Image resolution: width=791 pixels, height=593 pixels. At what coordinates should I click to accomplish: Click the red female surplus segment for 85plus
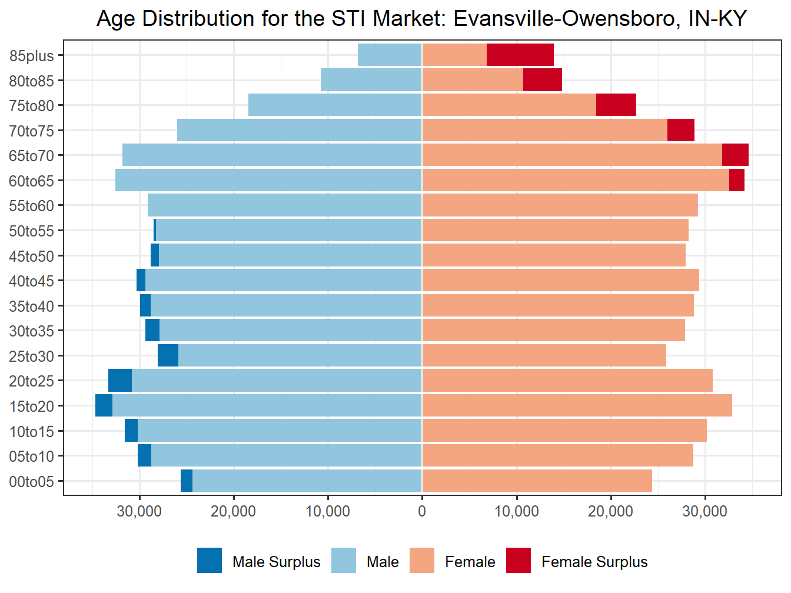(520, 55)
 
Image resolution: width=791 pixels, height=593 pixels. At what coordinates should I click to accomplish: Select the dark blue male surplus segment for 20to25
(120, 381)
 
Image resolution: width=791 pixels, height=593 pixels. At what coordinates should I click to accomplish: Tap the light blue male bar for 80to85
(371, 80)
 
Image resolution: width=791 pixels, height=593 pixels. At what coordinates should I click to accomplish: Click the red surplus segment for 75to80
(616, 105)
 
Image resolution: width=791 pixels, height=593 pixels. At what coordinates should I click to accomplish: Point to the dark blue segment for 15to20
(104, 406)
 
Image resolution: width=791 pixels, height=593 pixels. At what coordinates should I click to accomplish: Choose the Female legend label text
(470, 562)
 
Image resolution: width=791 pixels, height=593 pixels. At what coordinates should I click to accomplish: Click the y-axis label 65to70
(31, 156)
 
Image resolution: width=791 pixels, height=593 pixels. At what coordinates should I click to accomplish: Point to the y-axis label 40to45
(31, 281)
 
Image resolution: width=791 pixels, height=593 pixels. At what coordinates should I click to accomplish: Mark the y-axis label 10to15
(31, 432)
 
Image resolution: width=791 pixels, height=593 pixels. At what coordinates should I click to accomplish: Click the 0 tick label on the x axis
(422, 511)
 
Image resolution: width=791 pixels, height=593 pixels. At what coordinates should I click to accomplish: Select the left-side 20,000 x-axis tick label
(233, 511)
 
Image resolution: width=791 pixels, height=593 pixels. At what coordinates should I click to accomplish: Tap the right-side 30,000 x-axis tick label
(704, 511)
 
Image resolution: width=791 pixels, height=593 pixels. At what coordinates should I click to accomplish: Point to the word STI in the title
(349, 19)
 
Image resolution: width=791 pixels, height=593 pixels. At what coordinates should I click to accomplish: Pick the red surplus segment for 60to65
(736, 180)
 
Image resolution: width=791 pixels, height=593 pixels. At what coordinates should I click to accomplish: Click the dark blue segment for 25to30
(168, 356)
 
